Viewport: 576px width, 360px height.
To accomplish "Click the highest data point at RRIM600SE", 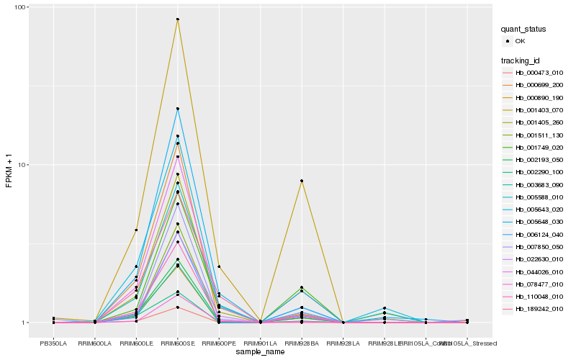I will (x=177, y=19).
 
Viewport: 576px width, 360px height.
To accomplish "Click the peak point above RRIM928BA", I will (x=302, y=181).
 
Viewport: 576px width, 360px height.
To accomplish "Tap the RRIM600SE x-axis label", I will (x=177, y=343).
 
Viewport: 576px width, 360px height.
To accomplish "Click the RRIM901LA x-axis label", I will (x=260, y=343).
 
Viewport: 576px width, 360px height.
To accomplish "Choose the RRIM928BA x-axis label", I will (x=302, y=343).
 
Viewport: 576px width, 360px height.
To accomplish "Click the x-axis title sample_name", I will (x=260, y=352).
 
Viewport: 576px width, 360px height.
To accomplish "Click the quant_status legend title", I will (x=523, y=30).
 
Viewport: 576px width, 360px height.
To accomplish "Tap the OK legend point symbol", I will (x=508, y=41).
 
